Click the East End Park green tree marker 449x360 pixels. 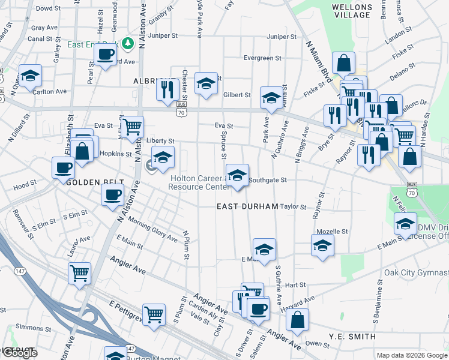point(127,43)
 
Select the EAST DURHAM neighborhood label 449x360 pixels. point(247,206)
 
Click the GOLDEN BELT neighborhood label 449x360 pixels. point(95,182)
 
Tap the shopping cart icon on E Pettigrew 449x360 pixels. point(154,314)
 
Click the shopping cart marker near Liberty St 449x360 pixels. point(132,126)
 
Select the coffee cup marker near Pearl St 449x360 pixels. point(105,55)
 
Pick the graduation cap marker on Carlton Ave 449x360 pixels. point(30,76)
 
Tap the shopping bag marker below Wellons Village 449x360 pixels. point(343,62)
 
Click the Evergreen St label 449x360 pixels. point(262,58)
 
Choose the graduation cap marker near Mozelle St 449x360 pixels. point(322,245)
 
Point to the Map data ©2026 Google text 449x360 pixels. point(411,355)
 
